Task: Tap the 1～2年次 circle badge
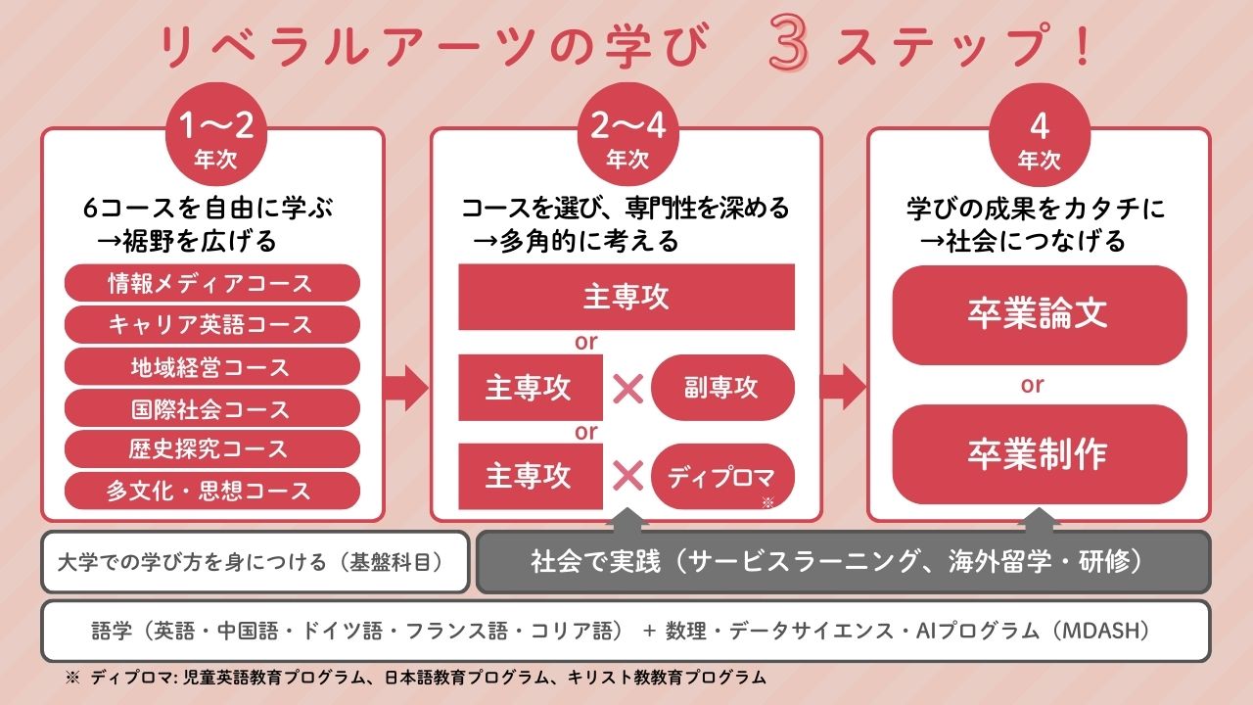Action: click(214, 136)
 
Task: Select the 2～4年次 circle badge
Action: click(626, 136)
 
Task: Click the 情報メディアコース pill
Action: click(211, 284)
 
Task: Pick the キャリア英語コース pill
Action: click(211, 325)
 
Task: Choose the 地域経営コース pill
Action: click(211, 367)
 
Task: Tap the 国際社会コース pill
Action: click(211, 408)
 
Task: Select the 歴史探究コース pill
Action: click(211, 449)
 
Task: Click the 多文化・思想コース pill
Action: click(211, 491)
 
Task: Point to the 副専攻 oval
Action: click(722, 388)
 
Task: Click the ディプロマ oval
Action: click(722, 477)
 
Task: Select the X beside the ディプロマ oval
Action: click(627, 477)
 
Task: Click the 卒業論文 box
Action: click(1039, 314)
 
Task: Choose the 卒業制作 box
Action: click(1039, 454)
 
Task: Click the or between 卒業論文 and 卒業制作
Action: click(1033, 385)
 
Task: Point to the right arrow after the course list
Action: click(405, 389)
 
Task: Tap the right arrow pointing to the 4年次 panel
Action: click(843, 389)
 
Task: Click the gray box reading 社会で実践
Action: click(842, 562)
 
